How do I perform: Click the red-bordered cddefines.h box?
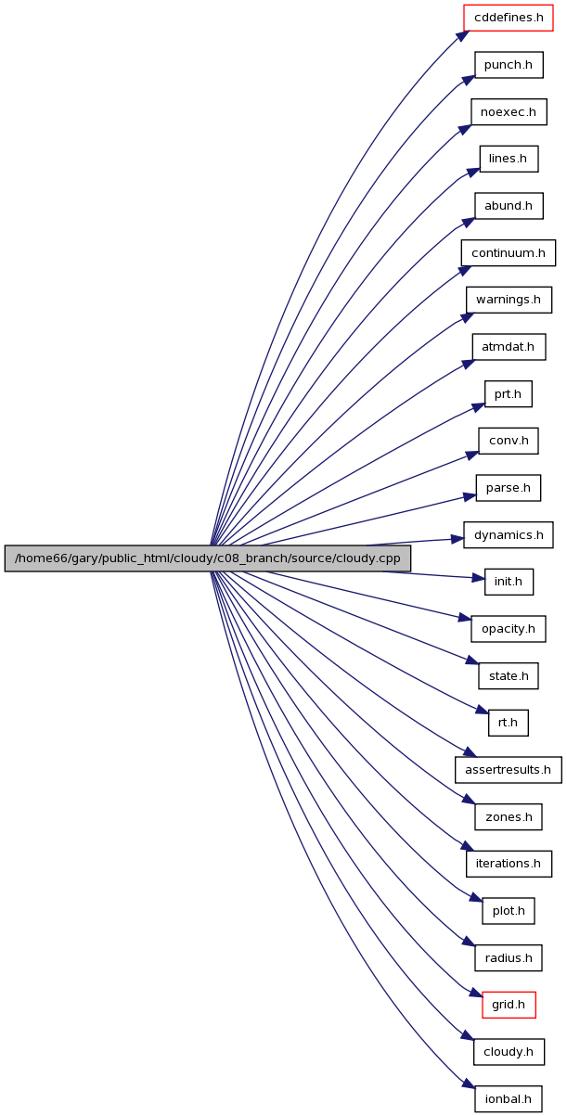tap(509, 18)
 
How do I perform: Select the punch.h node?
tap(509, 65)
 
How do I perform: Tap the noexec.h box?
tap(509, 111)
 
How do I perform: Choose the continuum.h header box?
tap(509, 252)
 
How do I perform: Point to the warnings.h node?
tap(509, 300)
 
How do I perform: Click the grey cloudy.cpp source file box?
tap(208, 558)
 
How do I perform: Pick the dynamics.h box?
tap(509, 534)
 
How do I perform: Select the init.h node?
tap(509, 582)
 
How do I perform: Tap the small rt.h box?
tap(509, 723)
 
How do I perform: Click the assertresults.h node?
tap(509, 770)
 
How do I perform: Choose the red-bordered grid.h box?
tap(509, 1005)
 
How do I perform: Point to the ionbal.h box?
tap(509, 1098)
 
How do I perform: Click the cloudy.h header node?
tap(509, 1052)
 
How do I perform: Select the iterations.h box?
tap(509, 864)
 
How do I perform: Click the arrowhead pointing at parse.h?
tap(470, 496)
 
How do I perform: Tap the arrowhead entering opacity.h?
tap(465, 618)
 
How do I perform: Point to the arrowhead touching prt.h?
tap(478, 407)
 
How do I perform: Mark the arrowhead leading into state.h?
tap(472, 661)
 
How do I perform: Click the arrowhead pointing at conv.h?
tap(472, 455)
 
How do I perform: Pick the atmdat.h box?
tap(509, 347)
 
